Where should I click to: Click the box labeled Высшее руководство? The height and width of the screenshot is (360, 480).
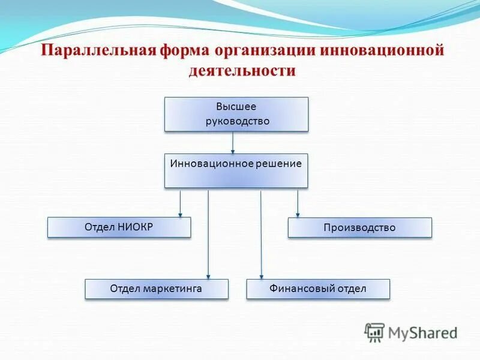[x=236, y=114]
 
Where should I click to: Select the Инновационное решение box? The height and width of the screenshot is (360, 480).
[x=236, y=170]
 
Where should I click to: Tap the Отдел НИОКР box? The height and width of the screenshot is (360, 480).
[x=119, y=227]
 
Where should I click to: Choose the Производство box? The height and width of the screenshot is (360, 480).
[x=359, y=227]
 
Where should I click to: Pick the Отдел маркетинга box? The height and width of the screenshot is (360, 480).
[x=156, y=289]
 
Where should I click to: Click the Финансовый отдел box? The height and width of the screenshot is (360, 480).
[x=318, y=289]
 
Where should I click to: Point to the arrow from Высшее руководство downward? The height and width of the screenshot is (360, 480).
[x=233, y=142]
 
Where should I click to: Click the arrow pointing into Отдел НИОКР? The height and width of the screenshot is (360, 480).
[x=180, y=203]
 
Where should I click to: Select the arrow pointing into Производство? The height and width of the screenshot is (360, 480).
[x=298, y=203]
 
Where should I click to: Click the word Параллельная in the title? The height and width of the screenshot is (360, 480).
[x=98, y=50]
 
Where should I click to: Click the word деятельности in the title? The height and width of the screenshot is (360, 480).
[x=242, y=71]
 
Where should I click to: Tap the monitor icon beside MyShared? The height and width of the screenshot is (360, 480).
[x=374, y=332]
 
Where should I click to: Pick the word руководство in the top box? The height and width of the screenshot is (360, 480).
[x=236, y=121]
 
